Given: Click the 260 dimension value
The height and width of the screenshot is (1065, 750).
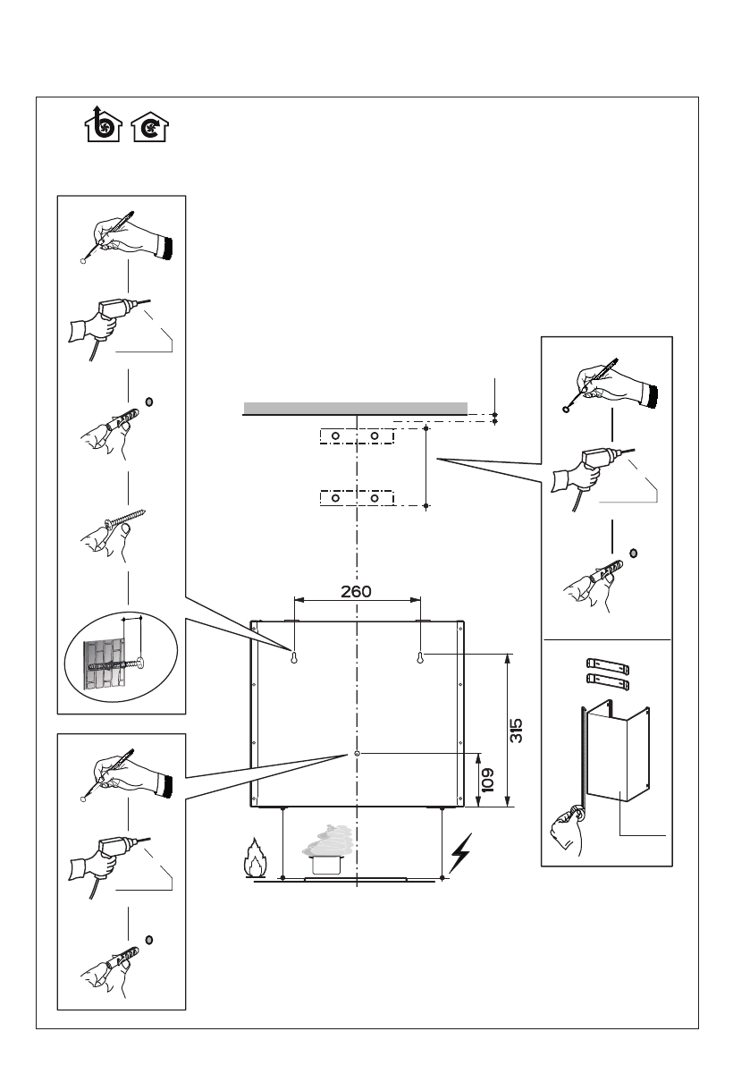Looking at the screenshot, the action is click(x=356, y=592).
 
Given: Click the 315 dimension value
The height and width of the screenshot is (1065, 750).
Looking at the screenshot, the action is click(x=517, y=731).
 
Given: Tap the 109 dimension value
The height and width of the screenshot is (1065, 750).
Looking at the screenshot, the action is click(x=487, y=781).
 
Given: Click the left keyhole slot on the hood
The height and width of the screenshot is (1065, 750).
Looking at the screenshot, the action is click(x=295, y=657).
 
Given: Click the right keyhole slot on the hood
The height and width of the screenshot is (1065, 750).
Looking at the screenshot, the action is click(x=421, y=657).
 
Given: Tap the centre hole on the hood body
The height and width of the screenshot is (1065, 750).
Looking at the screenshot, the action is click(x=357, y=754).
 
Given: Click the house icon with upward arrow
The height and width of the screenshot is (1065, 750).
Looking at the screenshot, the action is click(x=103, y=123).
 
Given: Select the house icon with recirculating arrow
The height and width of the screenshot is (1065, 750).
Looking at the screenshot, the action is click(x=150, y=127).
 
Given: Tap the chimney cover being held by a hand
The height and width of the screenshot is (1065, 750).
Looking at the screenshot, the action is click(x=617, y=753).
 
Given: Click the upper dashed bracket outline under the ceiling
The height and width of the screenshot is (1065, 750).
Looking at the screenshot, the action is click(x=357, y=435).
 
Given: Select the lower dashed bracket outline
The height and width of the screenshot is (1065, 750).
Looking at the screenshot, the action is click(x=357, y=498).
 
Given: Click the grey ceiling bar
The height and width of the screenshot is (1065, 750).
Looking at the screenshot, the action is click(x=356, y=408).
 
